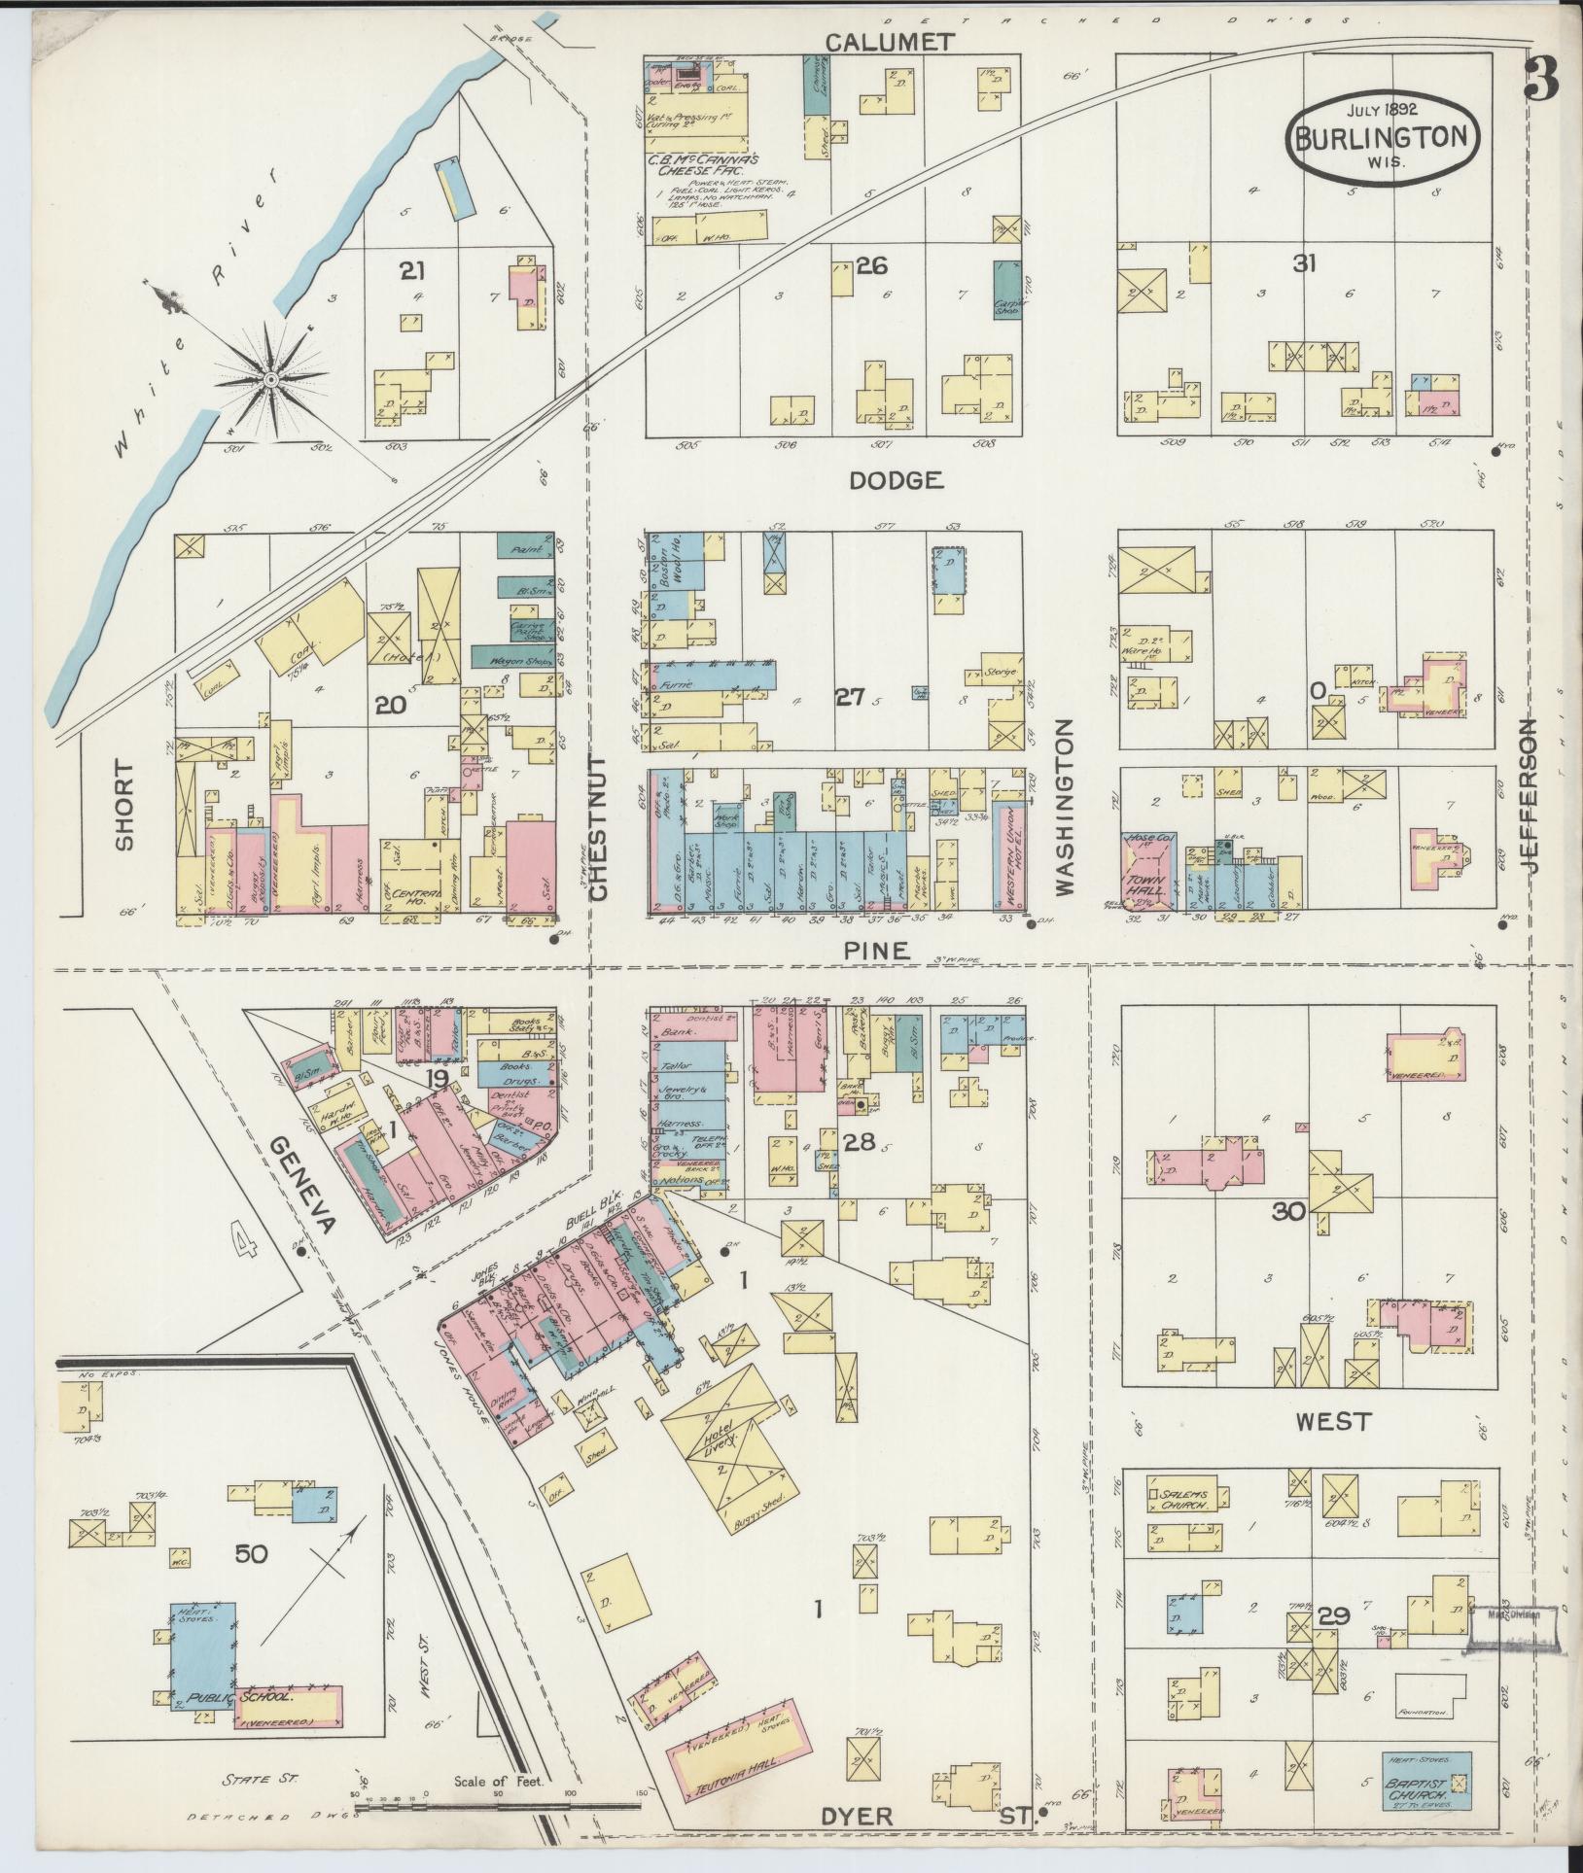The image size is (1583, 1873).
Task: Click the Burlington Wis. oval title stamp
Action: (x=1384, y=137)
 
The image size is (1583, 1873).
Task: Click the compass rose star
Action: (x=271, y=377)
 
